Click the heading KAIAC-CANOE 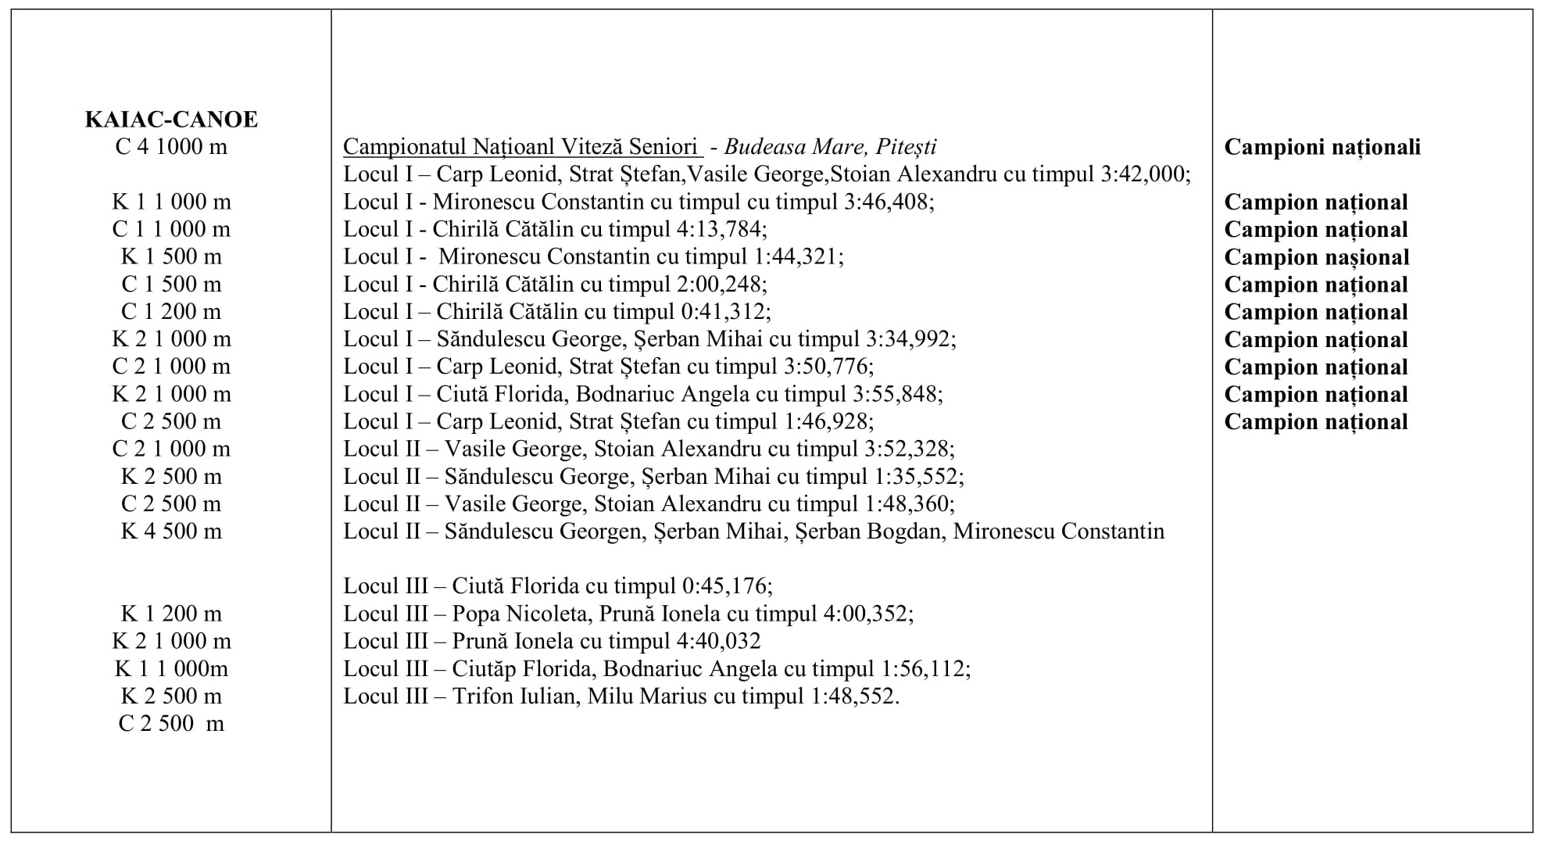[171, 120]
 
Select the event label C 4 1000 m [171, 147]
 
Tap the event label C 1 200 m [171, 312]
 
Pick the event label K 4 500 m [171, 532]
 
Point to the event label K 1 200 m [171, 614]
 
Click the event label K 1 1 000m [171, 669]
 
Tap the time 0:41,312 [724, 312]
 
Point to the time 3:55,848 [895, 394]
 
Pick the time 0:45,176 [726, 586]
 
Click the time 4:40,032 [715, 642]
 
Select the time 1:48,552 [853, 696]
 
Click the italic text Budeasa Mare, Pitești [830, 147]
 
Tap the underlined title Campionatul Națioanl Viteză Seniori [520, 147]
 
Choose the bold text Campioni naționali [1322, 147]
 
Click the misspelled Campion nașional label [1316, 257]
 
